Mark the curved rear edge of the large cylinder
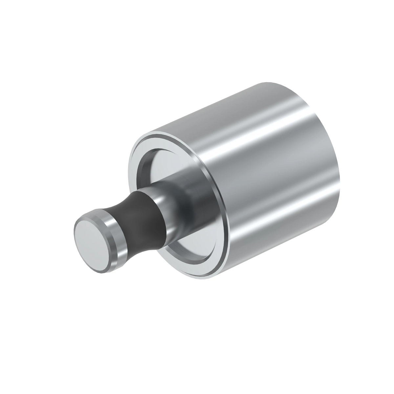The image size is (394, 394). click(340, 171)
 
